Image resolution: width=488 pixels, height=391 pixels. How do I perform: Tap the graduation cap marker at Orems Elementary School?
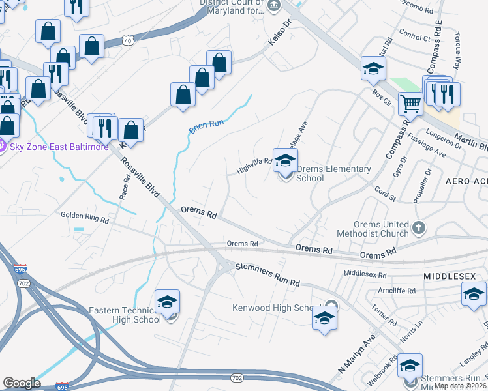285,160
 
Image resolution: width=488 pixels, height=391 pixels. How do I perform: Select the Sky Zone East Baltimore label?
59,146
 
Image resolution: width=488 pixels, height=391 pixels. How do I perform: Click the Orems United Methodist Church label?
372,229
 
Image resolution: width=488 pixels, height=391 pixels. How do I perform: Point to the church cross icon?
419,229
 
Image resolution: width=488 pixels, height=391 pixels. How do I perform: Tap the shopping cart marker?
410,103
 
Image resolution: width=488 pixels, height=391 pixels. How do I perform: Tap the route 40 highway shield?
127,41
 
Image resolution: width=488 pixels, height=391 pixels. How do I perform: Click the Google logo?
22,383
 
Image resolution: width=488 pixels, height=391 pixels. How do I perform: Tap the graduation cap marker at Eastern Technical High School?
167,302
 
